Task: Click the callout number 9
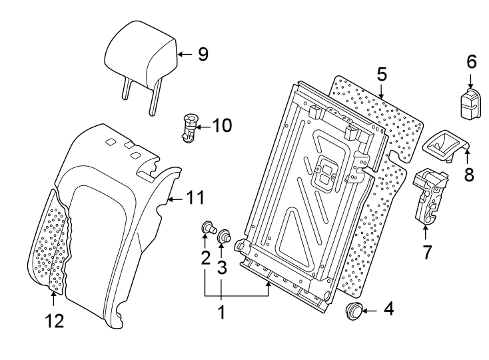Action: coord(203,54)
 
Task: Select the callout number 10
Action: coord(221,125)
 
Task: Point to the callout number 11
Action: coord(194,197)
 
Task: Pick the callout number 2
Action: coord(205,257)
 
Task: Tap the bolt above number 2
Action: coord(207,231)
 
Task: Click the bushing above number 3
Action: coord(225,236)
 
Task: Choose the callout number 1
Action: coord(221,311)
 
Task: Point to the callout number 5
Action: coord(381,74)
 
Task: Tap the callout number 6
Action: coord(471,62)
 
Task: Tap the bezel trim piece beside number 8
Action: coord(443,145)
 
